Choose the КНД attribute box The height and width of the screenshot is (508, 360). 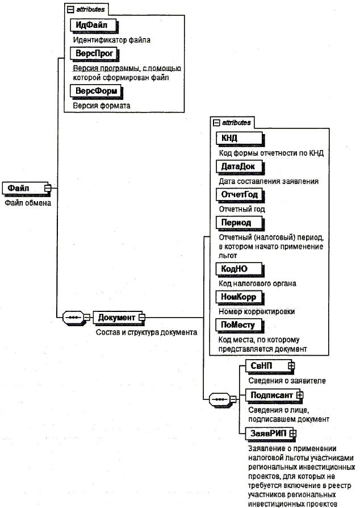point(239,138)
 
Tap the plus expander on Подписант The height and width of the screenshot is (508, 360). point(300,394)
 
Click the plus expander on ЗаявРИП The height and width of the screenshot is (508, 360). point(293,434)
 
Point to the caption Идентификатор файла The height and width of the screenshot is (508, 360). point(111,40)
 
